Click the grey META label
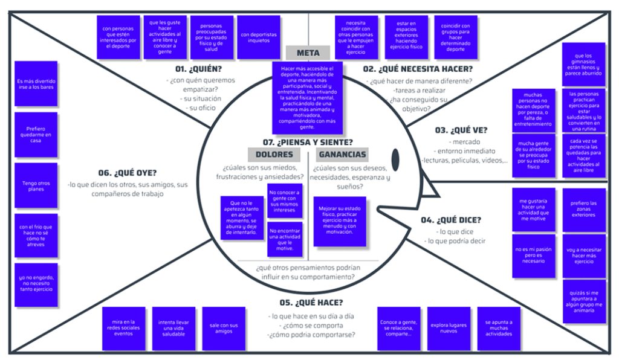(x=308, y=53)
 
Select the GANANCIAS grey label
(x=343, y=154)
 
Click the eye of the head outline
(x=395, y=158)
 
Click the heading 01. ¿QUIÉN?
(x=199, y=69)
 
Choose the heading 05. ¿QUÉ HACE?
(x=311, y=302)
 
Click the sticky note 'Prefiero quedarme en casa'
(x=36, y=134)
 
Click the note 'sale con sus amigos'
(x=224, y=329)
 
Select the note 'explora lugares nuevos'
(x=449, y=329)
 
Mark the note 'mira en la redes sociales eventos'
(x=124, y=329)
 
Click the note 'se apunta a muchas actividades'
(x=499, y=329)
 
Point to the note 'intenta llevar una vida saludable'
(x=173, y=329)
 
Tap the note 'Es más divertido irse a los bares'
(x=36, y=84)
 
